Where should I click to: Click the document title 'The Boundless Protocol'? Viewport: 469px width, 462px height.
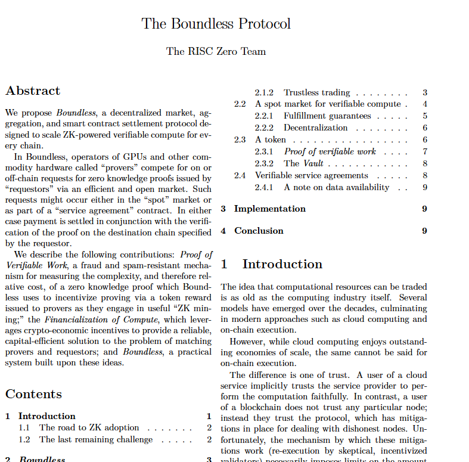tap(216, 24)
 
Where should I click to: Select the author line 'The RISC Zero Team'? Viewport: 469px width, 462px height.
tap(216, 51)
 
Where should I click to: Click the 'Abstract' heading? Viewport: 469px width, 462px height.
tap(33, 91)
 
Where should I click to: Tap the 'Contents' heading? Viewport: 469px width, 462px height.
tap(33, 394)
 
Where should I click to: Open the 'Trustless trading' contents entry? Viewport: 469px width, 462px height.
tap(316, 92)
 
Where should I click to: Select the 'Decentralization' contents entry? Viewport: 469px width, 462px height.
tap(315, 128)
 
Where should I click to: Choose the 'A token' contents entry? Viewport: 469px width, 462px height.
tap(271, 139)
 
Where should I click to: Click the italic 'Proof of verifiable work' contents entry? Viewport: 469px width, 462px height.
tap(330, 151)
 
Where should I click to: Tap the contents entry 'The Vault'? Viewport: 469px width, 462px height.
tap(303, 163)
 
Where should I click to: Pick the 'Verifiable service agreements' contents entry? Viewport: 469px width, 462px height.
tap(311, 175)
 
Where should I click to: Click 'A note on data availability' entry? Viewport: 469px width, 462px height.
tap(336, 187)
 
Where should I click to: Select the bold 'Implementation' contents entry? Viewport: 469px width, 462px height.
tap(269, 209)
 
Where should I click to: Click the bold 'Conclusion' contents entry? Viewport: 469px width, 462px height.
tap(259, 231)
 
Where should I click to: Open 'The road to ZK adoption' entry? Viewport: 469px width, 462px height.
tap(89, 427)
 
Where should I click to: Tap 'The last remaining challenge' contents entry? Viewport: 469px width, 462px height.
tap(95, 439)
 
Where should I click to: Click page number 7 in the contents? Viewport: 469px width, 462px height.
tap(424, 151)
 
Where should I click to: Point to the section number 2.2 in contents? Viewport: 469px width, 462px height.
tap(240, 104)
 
